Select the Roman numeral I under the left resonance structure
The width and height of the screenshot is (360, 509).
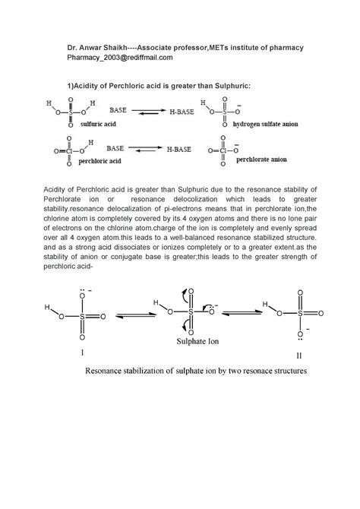82,353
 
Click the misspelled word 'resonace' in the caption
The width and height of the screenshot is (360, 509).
255,372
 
